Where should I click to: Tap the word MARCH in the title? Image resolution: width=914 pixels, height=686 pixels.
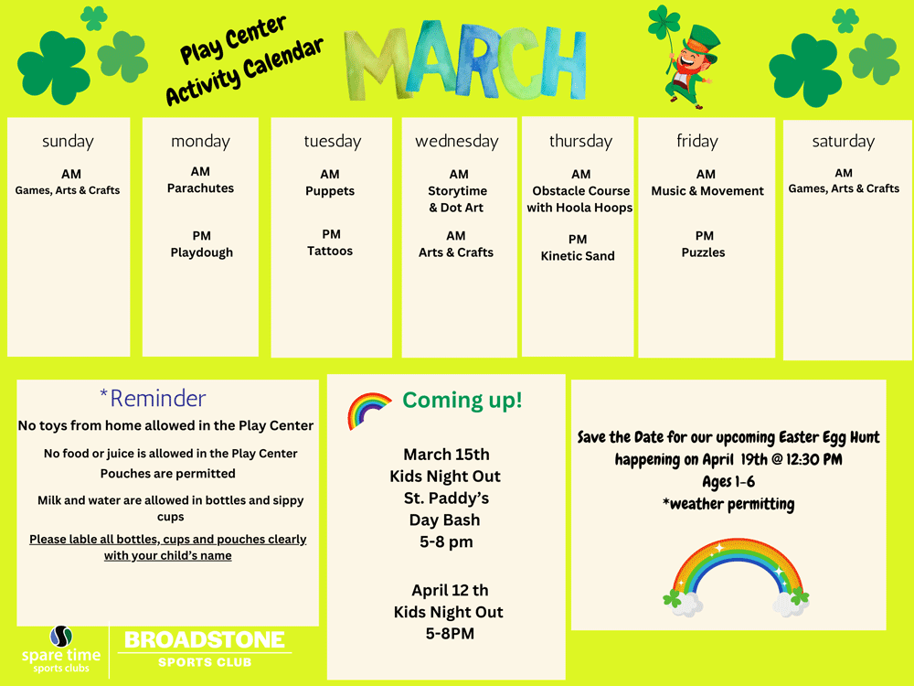pyautogui.click(x=465, y=61)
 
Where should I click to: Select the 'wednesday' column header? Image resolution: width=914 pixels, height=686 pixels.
pyautogui.click(x=457, y=141)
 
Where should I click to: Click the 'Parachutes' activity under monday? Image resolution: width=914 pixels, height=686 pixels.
pyautogui.click(x=200, y=188)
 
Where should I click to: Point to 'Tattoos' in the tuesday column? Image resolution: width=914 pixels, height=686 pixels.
pyautogui.click(x=330, y=251)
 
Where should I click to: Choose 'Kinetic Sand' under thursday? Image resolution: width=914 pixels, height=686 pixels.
pyautogui.click(x=578, y=255)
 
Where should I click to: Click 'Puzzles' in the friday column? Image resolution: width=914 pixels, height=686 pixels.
pyautogui.click(x=704, y=252)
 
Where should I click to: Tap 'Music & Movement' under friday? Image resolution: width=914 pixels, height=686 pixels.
pyautogui.click(x=707, y=191)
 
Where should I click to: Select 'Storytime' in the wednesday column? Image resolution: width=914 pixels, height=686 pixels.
pyautogui.click(x=458, y=191)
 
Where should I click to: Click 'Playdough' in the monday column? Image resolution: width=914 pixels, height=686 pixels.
pyautogui.click(x=202, y=252)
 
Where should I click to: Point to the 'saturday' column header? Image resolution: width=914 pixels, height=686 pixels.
pyautogui.click(x=844, y=141)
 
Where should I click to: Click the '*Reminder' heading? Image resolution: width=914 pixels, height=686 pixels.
pyautogui.click(x=153, y=399)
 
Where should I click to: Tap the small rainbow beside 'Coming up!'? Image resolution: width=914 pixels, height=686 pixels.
pyautogui.click(x=369, y=411)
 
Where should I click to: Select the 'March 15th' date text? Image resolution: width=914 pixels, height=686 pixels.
pyautogui.click(x=447, y=455)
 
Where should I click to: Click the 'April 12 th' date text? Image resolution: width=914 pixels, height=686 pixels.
pyautogui.click(x=450, y=590)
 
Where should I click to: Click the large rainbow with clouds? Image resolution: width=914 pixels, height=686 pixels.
pyautogui.click(x=736, y=577)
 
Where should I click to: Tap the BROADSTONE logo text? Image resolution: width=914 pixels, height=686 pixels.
pyautogui.click(x=205, y=640)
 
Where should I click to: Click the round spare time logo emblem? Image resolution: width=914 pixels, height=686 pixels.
pyautogui.click(x=61, y=636)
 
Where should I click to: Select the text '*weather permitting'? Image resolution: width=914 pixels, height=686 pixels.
pyautogui.click(x=728, y=504)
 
